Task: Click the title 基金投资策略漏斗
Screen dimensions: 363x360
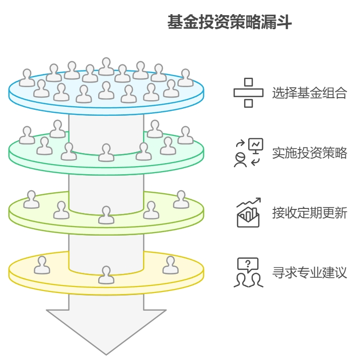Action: tap(229, 23)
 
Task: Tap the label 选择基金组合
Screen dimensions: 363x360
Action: tap(309, 93)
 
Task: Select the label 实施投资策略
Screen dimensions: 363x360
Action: tap(309, 153)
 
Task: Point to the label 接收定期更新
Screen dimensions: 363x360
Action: tap(309, 213)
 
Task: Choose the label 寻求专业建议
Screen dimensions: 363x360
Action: tap(309, 273)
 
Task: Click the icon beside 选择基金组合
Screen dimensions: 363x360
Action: tap(248, 93)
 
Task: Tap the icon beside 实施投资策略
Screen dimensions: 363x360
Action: tap(248, 153)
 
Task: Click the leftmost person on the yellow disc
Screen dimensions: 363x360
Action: tap(42, 265)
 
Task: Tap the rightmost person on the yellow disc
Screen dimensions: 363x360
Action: tap(170, 265)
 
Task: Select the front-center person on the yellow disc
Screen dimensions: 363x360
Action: tap(106, 275)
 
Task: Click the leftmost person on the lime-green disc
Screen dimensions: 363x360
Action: tap(32, 199)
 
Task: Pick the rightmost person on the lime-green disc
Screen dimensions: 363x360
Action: tap(181, 199)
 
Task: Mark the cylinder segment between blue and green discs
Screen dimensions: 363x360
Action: tap(106, 131)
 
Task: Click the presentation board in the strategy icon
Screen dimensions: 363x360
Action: tap(255, 145)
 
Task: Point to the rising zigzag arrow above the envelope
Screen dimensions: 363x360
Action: tap(249, 203)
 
